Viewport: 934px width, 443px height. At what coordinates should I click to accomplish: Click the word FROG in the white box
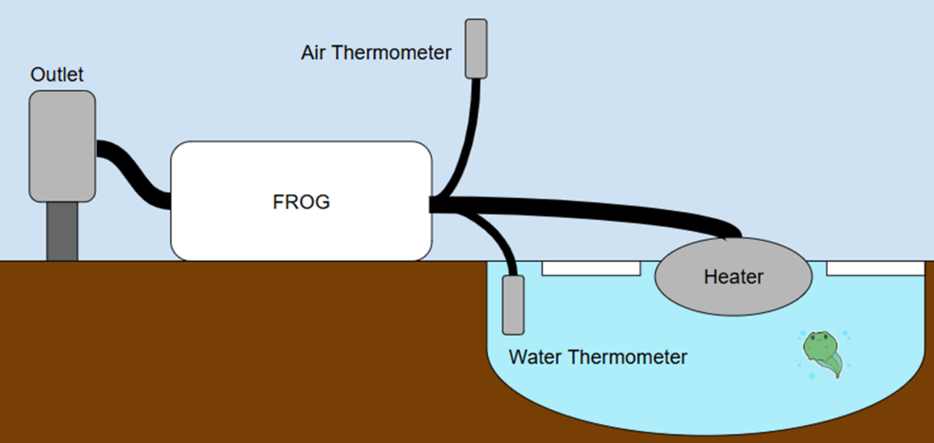[x=301, y=202]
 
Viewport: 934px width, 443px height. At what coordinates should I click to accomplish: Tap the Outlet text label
[x=57, y=75]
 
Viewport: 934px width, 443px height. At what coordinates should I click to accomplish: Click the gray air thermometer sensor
[x=476, y=48]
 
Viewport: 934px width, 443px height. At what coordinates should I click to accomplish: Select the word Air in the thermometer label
[x=314, y=53]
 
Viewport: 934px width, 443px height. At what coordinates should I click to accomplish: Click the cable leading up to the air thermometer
[x=469, y=133]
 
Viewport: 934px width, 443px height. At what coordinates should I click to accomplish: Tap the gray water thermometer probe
[x=513, y=304]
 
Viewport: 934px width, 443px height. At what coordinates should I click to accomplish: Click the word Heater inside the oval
[x=733, y=277]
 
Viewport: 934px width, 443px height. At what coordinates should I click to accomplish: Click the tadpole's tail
[x=834, y=365]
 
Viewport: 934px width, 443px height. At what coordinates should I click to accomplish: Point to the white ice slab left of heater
[x=591, y=268]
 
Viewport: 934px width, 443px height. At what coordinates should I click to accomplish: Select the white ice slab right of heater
[x=875, y=268]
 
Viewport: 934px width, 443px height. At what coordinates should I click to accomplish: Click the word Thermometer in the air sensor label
[x=392, y=53]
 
